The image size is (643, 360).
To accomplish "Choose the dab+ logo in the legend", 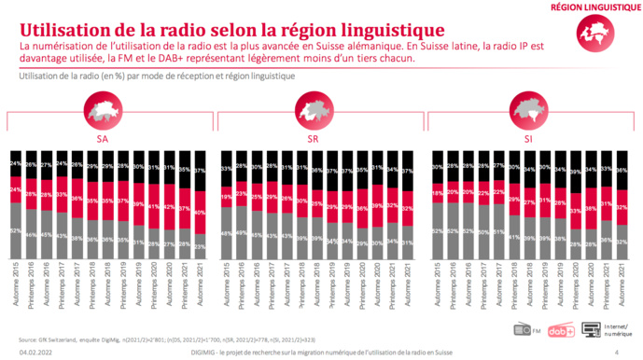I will tap(557, 329).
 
